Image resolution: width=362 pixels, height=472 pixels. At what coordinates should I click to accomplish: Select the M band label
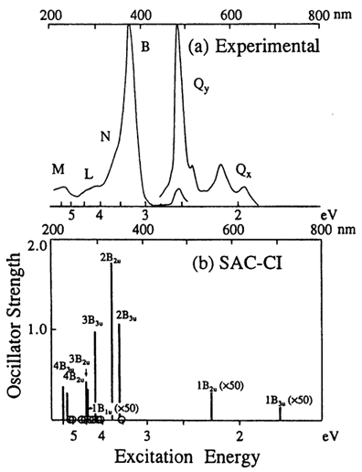[x=58, y=169]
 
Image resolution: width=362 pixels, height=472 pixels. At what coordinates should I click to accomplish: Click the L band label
[x=88, y=173]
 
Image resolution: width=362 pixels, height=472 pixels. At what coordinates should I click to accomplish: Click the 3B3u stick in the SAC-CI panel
[x=95, y=375]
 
